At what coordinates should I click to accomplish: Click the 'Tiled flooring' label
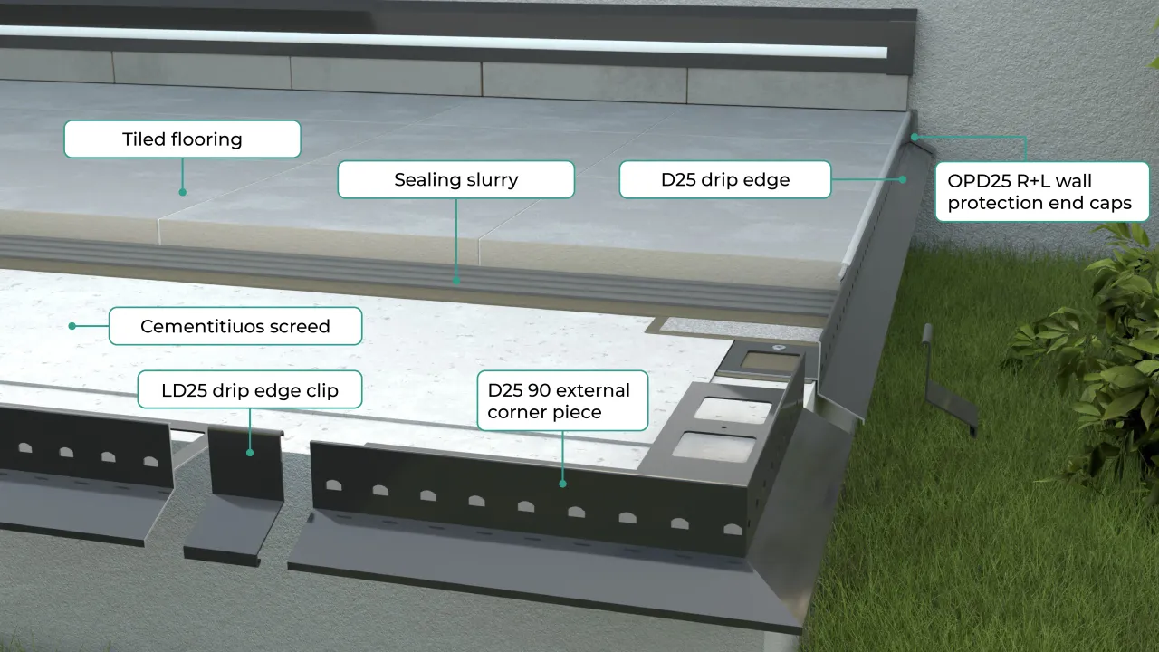[182, 139]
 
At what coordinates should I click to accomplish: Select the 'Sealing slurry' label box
[455, 179]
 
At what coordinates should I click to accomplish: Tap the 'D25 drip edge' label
[724, 179]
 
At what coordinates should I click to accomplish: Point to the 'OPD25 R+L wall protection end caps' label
[1041, 191]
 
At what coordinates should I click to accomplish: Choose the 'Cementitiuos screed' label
[235, 326]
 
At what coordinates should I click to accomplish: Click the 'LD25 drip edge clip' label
[249, 390]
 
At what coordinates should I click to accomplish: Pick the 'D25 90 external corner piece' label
[562, 401]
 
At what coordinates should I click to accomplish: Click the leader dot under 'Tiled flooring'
[182, 192]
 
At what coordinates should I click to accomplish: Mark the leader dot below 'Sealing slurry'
[455, 282]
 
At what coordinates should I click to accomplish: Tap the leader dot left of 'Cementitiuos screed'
[72, 326]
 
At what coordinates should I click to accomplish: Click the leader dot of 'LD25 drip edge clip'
[250, 451]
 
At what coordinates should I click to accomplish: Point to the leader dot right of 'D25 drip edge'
[903, 179]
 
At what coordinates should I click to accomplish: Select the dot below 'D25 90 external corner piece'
[562, 484]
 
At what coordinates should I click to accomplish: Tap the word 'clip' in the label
[321, 390]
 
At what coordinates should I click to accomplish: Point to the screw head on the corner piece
[776, 347]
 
